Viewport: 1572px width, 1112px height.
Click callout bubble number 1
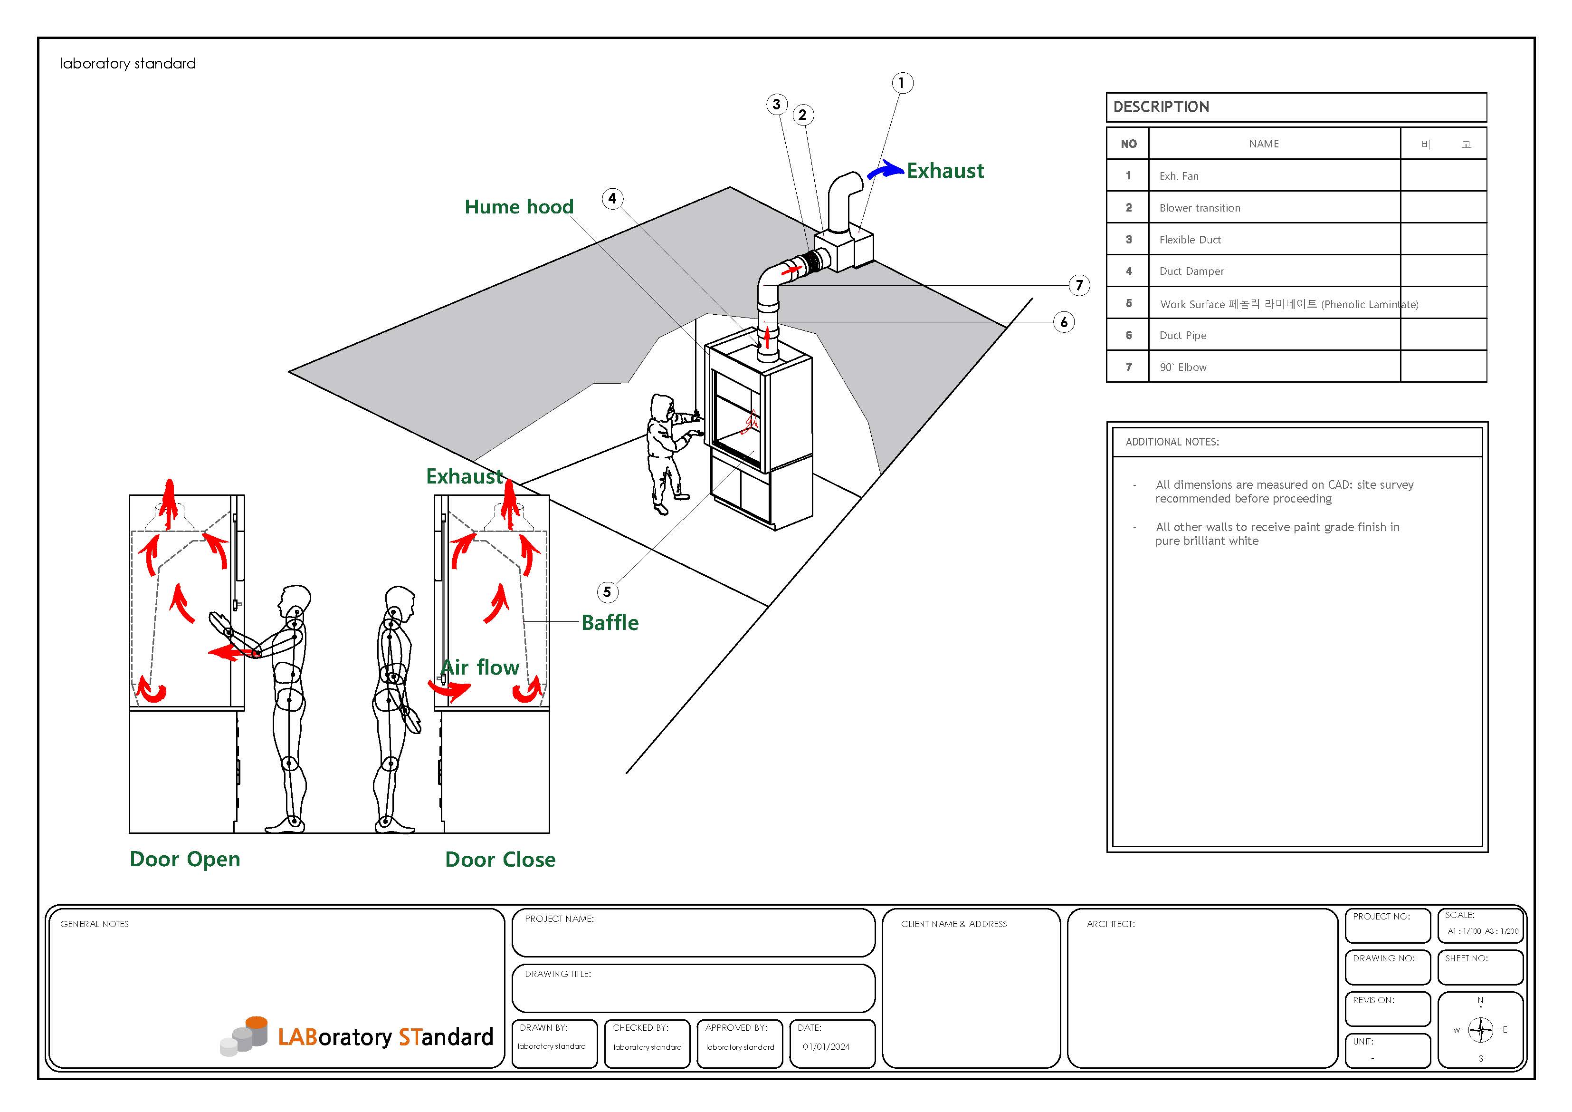[x=902, y=83]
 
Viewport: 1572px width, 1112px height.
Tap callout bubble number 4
[x=612, y=199]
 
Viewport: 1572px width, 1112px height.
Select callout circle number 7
[x=1079, y=285]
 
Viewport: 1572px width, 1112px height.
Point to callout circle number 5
[x=607, y=592]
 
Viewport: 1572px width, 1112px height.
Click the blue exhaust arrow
[x=885, y=169]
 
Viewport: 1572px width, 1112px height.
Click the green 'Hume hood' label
[x=519, y=206]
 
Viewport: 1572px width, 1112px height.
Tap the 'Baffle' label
[x=610, y=622]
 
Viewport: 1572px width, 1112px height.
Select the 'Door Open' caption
[x=185, y=859]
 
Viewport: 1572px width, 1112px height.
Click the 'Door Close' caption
[x=500, y=859]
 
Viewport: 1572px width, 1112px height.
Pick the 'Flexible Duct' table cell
[x=1190, y=240]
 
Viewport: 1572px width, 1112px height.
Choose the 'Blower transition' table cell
[x=1200, y=208]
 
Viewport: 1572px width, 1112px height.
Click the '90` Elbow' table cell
[x=1183, y=367]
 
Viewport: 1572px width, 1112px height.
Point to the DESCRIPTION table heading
[x=1161, y=107]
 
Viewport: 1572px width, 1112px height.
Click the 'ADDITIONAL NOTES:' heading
[x=1172, y=442]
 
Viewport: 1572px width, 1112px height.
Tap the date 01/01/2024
[x=826, y=1046]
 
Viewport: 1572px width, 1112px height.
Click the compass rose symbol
[x=1480, y=1029]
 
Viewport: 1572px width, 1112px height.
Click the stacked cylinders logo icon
[x=245, y=1035]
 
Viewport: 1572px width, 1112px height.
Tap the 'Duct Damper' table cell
[x=1191, y=271]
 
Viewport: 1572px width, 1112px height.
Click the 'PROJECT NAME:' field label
[x=559, y=919]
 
